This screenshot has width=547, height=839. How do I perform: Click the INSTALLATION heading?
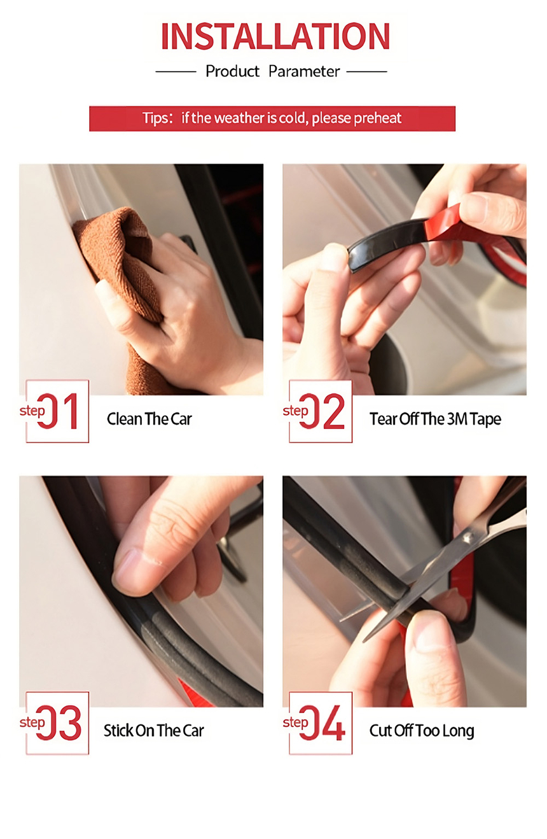[275, 36]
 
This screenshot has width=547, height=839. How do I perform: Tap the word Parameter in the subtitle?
[304, 71]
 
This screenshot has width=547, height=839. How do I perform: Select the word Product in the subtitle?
[232, 71]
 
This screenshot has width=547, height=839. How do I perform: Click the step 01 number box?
[57, 411]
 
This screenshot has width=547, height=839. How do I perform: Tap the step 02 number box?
[321, 411]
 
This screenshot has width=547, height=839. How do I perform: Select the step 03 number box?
[57, 723]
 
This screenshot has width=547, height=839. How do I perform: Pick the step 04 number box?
[321, 723]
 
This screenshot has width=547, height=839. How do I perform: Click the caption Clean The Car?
[149, 419]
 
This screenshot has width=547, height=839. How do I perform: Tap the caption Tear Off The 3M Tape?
[435, 419]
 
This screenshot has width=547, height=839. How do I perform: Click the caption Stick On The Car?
[154, 731]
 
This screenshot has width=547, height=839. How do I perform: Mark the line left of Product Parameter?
[176, 71]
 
